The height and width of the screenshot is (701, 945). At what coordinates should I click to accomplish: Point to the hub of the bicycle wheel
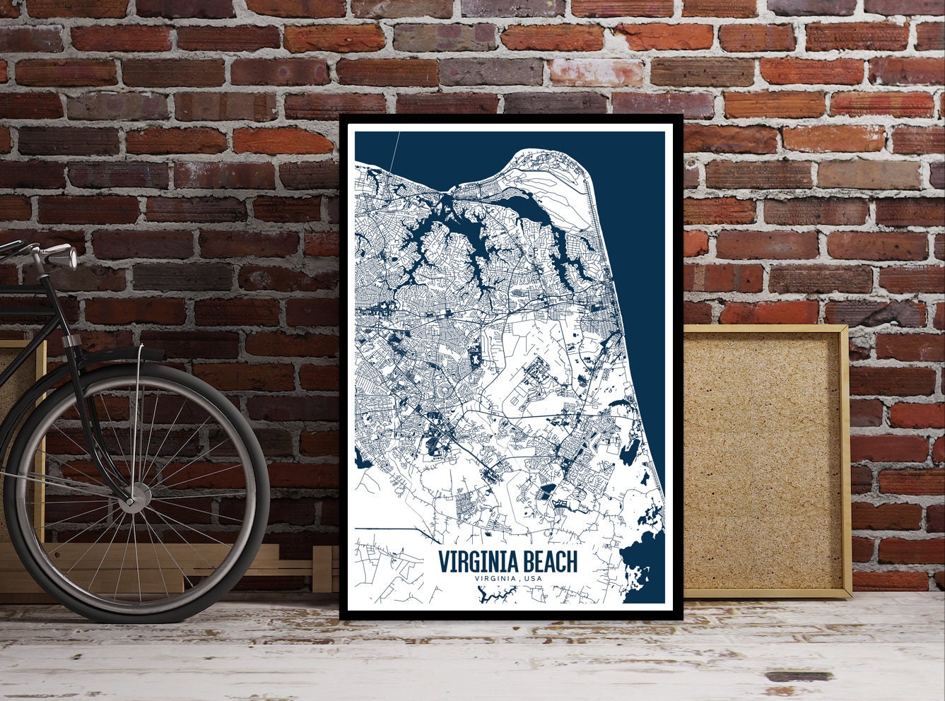point(130,500)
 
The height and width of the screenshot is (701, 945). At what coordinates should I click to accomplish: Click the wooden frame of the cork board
point(845,459)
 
